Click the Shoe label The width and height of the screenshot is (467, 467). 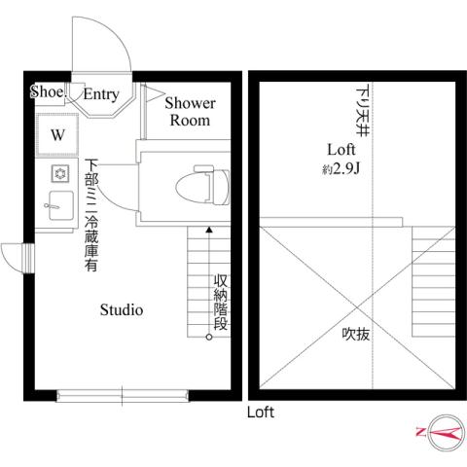tap(46, 92)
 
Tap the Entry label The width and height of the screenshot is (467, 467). tap(100, 94)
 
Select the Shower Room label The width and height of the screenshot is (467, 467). tap(190, 111)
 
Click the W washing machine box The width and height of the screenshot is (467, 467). tap(56, 135)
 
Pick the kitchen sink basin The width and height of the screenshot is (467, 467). tap(57, 205)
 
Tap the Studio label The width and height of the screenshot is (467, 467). tap(123, 310)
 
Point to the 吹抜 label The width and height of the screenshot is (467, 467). tap(355, 334)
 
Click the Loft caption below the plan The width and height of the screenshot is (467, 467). tap(260, 412)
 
